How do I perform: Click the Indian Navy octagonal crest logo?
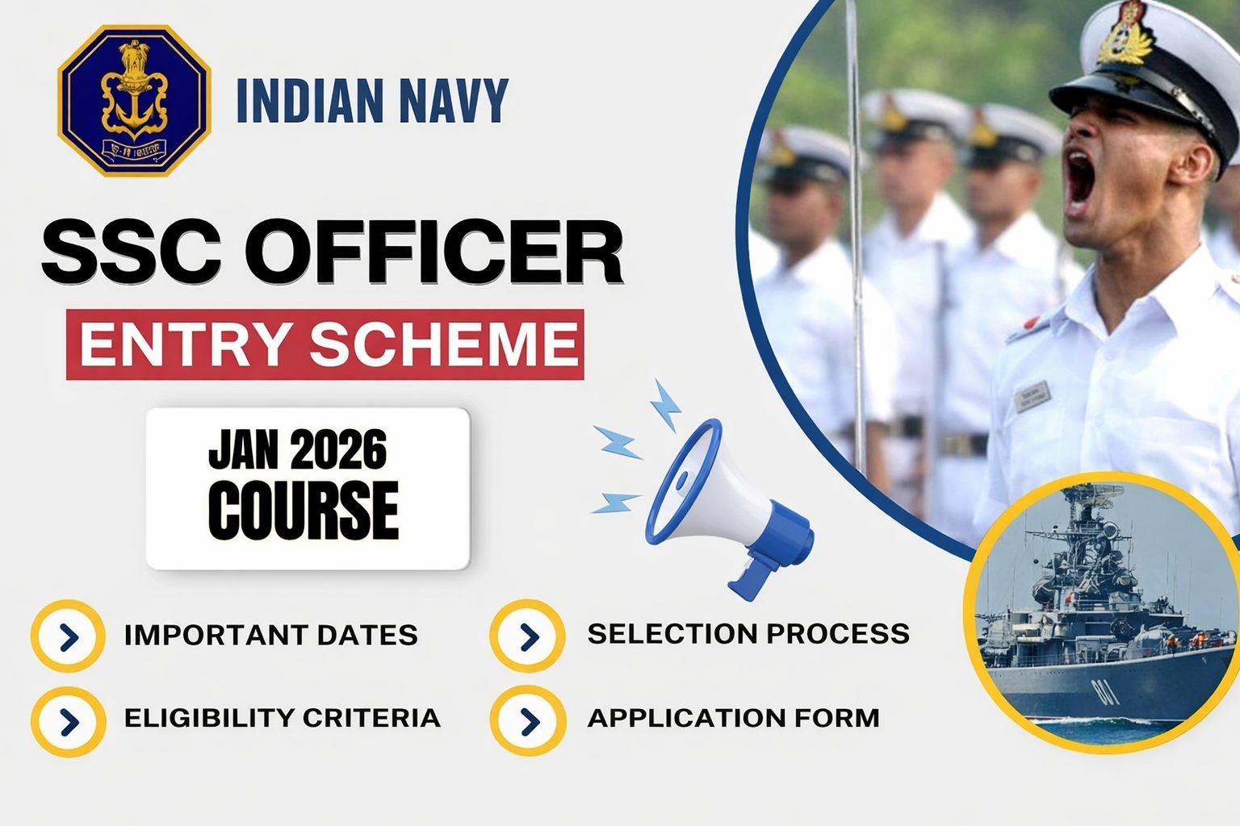tap(134, 100)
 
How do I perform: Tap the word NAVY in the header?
tap(454, 101)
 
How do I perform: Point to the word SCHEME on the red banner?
tap(444, 344)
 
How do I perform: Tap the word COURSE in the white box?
tap(304, 511)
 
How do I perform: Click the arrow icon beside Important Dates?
tap(69, 636)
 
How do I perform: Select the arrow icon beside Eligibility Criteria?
tap(69, 721)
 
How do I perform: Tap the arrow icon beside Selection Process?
tap(528, 636)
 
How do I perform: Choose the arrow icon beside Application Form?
tap(528, 720)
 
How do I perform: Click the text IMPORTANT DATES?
tap(271, 635)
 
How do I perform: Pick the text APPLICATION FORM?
tap(733, 718)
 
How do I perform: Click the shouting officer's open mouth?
tap(1079, 182)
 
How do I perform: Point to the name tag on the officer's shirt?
tap(1033, 396)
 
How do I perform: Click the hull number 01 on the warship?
tap(1103, 691)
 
